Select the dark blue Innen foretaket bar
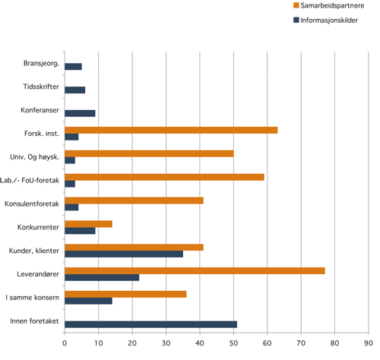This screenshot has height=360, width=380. (x=150, y=324)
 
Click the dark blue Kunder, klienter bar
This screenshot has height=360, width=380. (x=124, y=254)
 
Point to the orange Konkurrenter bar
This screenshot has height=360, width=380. (x=88, y=223)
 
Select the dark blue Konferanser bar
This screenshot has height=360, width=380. (x=80, y=113)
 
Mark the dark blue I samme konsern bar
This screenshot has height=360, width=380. (x=88, y=301)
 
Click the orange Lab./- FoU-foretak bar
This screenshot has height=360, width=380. (x=164, y=177)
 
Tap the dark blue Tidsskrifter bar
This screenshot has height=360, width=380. (x=74, y=90)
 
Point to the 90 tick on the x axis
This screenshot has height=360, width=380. (x=369, y=343)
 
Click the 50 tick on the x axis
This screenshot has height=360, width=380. (x=233, y=343)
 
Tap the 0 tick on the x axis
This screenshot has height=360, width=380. (x=65, y=343)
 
